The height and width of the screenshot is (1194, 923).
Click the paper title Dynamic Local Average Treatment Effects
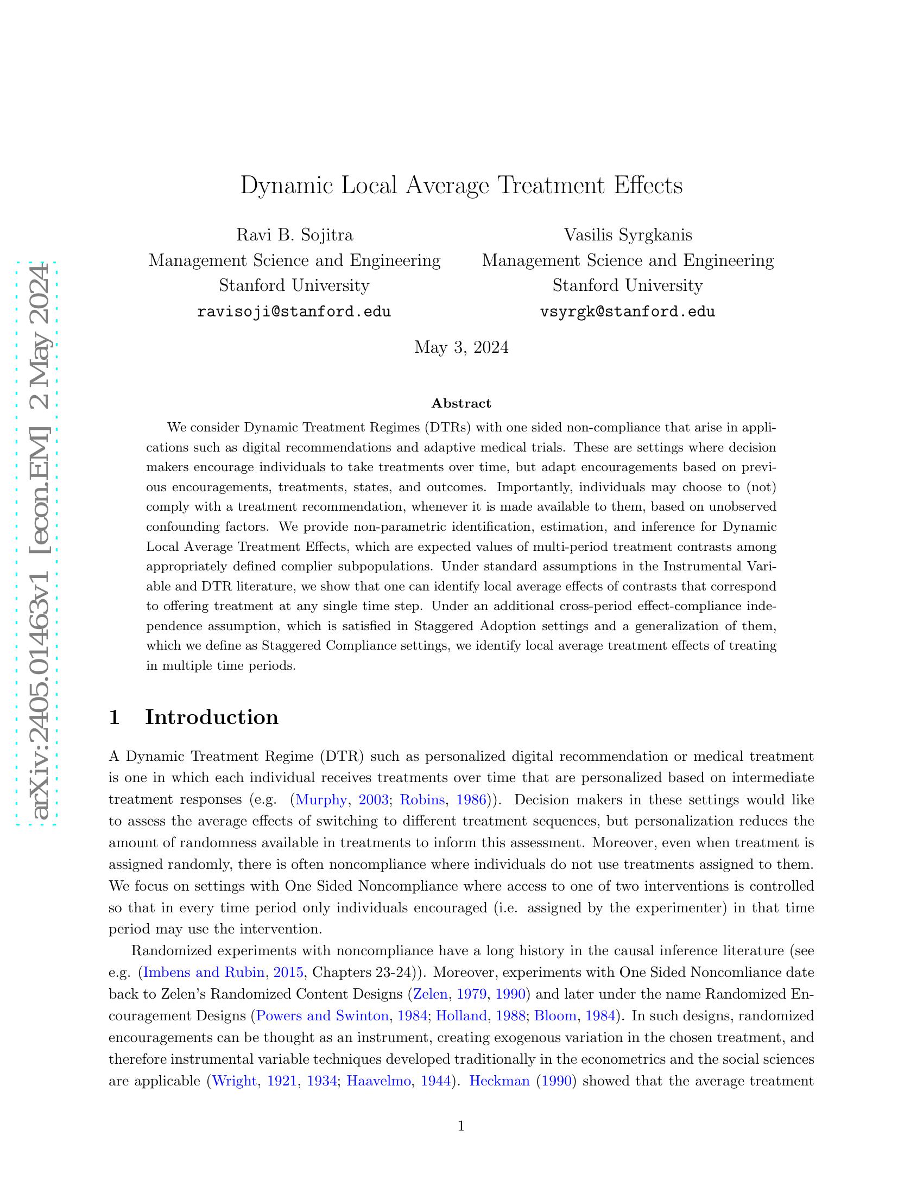[x=461, y=186]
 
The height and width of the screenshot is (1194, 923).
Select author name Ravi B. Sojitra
[x=294, y=235]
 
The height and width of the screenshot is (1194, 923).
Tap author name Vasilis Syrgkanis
[x=628, y=235]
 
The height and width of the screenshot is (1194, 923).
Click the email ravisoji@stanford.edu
[x=294, y=312]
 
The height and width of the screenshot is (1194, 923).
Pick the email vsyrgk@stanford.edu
[x=628, y=312]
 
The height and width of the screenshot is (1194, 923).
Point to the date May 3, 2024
[x=461, y=347]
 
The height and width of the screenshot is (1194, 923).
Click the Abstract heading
[x=461, y=403]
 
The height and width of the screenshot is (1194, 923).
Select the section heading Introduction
[x=212, y=717]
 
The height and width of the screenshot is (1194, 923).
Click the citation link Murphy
[x=321, y=800]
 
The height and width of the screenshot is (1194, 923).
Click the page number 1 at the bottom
[x=461, y=1126]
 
